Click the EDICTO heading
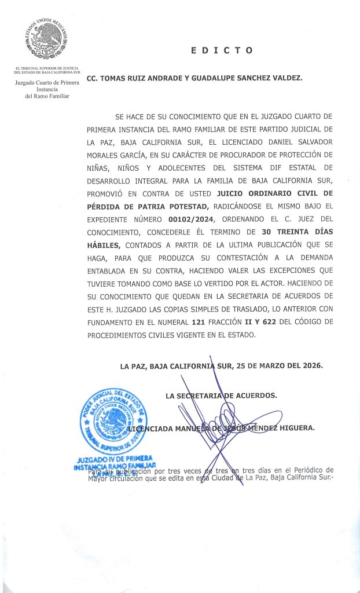[222, 50]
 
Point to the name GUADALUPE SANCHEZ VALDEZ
[252, 78]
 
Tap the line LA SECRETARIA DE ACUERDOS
[221, 396]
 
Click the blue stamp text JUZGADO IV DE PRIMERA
[114, 459]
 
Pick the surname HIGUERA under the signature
[293, 429]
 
